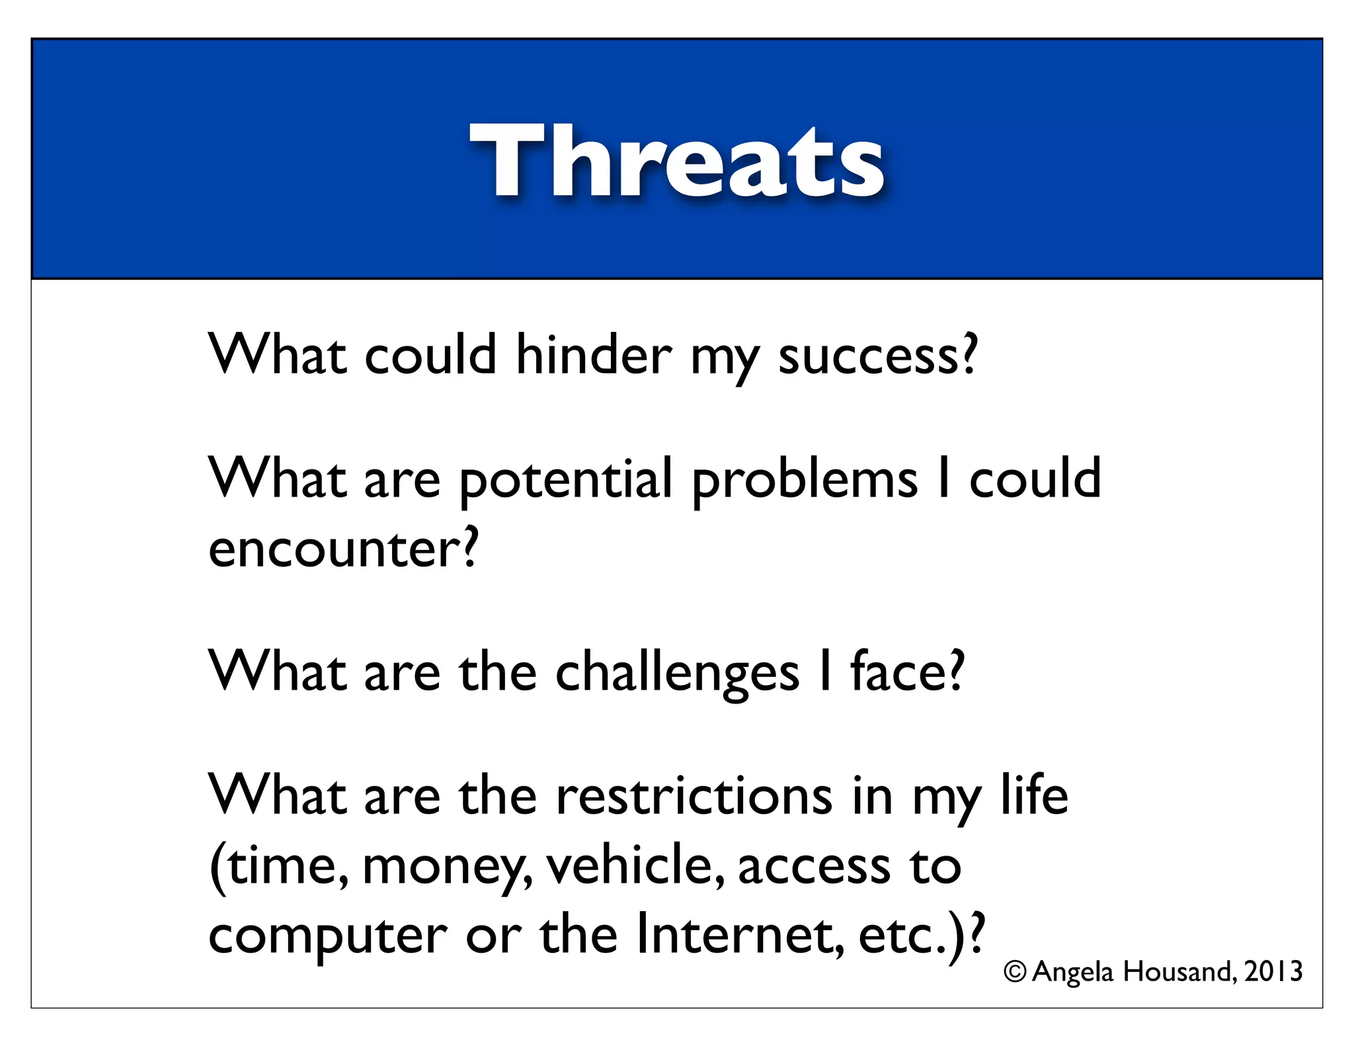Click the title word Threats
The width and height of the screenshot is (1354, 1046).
[x=676, y=162]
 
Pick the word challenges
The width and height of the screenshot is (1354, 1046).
[x=677, y=673]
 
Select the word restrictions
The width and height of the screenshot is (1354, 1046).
[x=694, y=796]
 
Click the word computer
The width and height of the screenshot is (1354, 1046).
[x=327, y=937]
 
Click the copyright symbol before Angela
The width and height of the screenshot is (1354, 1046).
[x=1014, y=972]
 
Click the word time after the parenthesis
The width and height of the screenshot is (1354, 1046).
[x=285, y=867]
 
